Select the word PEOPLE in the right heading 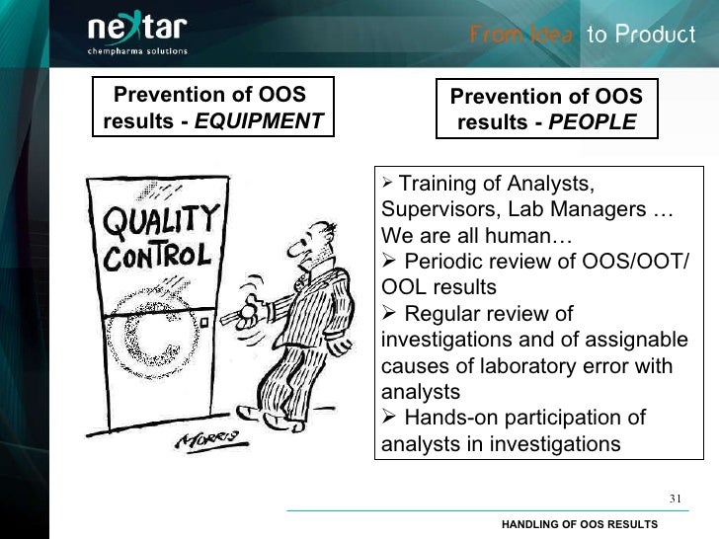(x=592, y=123)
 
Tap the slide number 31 (x=676, y=497)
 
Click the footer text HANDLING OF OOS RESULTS (x=579, y=523)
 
